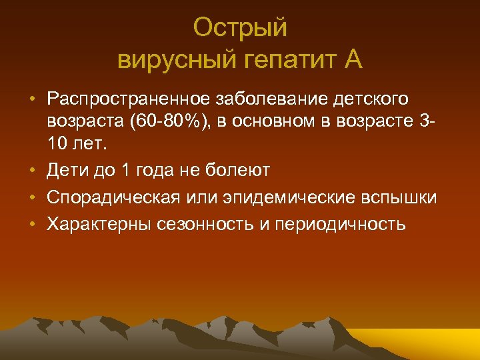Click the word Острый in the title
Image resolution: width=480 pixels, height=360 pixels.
[x=240, y=28]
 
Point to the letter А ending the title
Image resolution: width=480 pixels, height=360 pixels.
[x=353, y=60]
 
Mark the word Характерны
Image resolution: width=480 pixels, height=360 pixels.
[x=99, y=224]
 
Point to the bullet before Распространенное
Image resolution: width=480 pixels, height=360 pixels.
[x=31, y=100]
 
